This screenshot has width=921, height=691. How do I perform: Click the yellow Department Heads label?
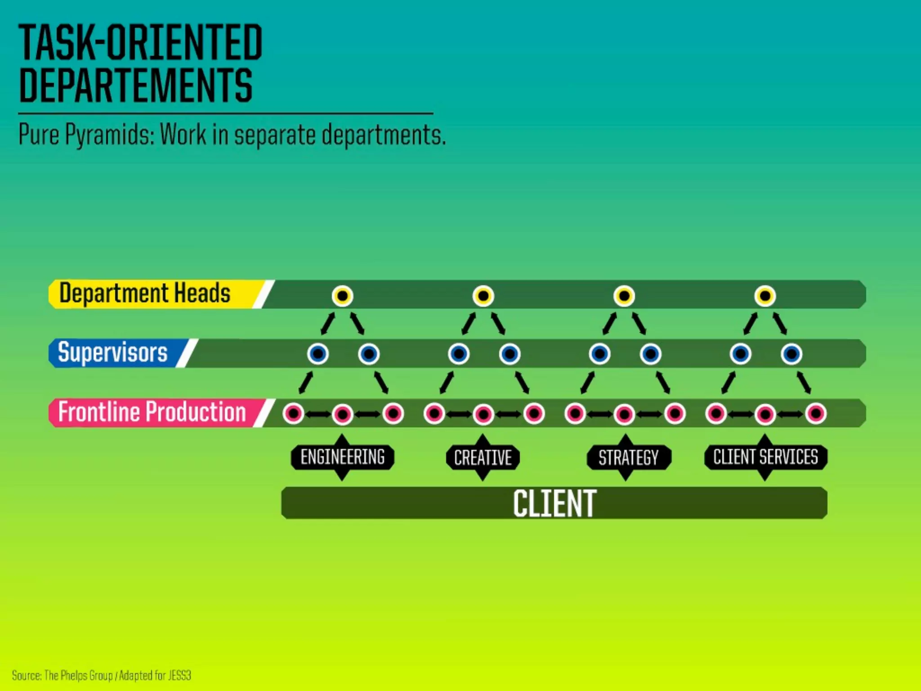point(145,294)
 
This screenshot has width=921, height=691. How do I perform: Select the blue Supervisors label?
point(112,353)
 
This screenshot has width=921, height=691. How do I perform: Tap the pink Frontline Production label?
point(152,412)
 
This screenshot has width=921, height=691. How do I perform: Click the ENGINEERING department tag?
point(342,457)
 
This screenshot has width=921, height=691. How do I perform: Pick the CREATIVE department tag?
point(483,458)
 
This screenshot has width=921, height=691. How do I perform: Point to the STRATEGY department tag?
point(628,458)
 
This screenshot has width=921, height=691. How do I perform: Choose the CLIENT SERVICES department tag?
point(765,457)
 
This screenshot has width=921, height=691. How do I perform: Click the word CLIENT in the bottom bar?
point(554,503)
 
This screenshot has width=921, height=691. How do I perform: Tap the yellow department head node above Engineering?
point(343,296)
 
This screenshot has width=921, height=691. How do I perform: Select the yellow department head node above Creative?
point(483,296)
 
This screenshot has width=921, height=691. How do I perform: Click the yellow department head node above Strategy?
point(624,296)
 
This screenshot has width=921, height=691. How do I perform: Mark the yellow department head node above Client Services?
point(765,296)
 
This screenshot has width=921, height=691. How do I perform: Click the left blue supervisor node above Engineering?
point(318,354)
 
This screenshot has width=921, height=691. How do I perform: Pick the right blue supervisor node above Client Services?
point(791,354)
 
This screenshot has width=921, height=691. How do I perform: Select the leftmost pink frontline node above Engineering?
point(293,413)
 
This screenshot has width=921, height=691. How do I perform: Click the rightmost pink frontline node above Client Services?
point(816,413)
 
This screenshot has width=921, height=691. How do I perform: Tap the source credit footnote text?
point(102,675)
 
